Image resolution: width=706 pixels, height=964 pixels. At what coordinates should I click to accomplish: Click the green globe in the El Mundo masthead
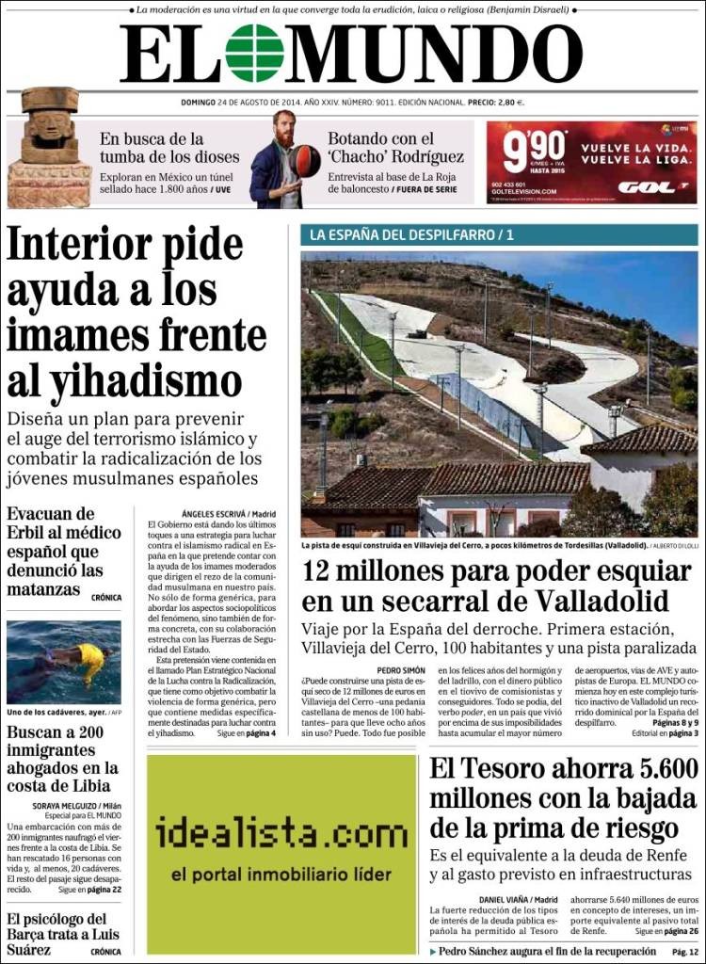[254, 53]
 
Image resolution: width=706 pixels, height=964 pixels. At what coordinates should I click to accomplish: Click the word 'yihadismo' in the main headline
[124, 379]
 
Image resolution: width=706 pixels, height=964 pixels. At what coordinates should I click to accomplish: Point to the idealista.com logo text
[281, 833]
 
